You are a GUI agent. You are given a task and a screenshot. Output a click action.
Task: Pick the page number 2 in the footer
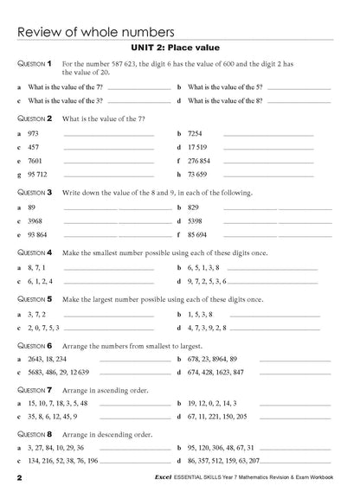point(18,477)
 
